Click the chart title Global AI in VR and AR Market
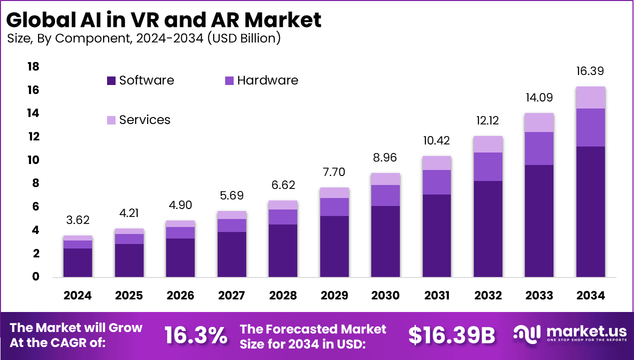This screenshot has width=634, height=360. point(164,20)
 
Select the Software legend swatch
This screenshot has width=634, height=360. point(111,80)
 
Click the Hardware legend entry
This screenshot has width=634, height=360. point(262,80)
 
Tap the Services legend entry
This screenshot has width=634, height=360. point(139,120)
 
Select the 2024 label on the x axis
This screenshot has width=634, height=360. point(78,295)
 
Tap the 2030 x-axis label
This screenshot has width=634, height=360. point(385,295)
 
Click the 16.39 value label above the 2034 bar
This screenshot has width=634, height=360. point(590,71)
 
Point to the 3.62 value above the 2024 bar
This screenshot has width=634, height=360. point(78,220)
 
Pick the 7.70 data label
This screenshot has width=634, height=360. point(334,172)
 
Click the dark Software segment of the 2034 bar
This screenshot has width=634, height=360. point(590,211)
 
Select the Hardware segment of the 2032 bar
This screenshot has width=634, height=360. point(488,166)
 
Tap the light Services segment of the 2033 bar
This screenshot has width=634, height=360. point(539,122)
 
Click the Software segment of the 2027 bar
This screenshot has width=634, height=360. point(232,254)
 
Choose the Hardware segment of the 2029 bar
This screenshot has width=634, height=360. point(334,207)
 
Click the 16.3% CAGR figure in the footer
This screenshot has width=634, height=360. point(196,335)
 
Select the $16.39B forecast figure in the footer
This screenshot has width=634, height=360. point(451,335)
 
